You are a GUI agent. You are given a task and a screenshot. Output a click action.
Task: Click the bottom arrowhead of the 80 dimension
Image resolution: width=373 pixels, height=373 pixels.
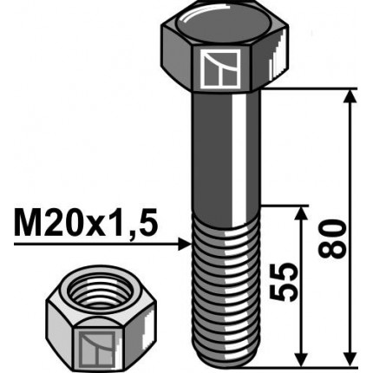[350, 357]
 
